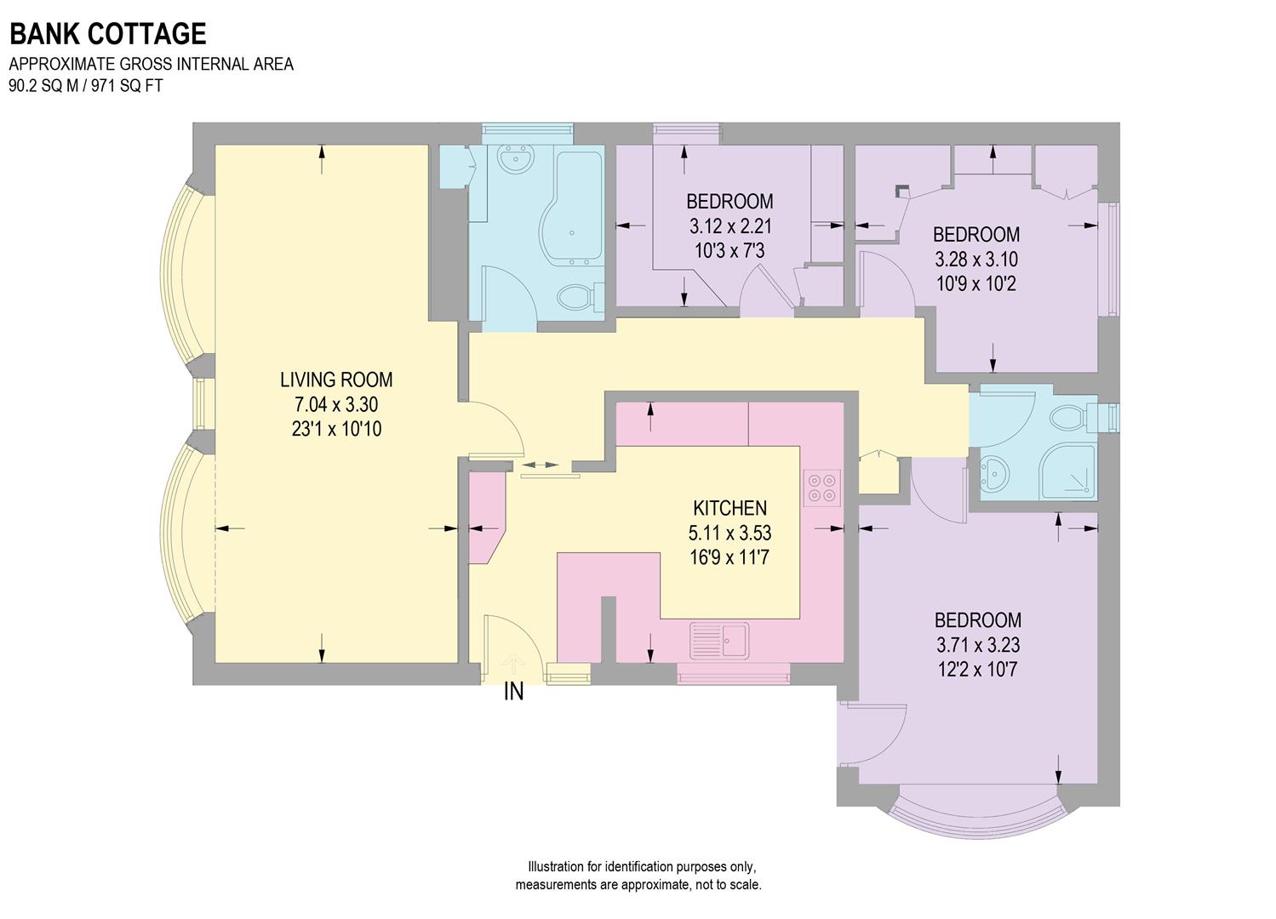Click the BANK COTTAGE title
[x=107, y=34]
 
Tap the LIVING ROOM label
[x=336, y=380]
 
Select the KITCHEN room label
[x=730, y=509]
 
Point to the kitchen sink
[x=720, y=639]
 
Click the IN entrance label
[x=513, y=693]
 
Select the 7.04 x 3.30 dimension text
[x=336, y=404]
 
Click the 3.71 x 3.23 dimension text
[x=977, y=645]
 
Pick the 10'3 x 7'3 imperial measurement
[x=730, y=251]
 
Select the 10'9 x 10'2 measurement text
[x=976, y=283]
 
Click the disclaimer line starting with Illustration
[x=641, y=867]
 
